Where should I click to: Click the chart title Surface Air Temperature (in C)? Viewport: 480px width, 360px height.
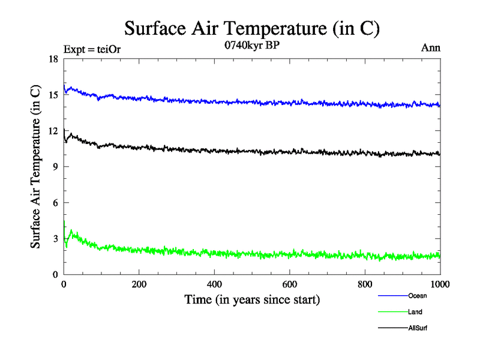point(253,28)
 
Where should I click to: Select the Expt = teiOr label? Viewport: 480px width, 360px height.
point(92,49)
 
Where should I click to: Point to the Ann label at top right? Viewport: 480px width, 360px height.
point(431,48)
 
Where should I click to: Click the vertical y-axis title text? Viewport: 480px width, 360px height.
point(36,167)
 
